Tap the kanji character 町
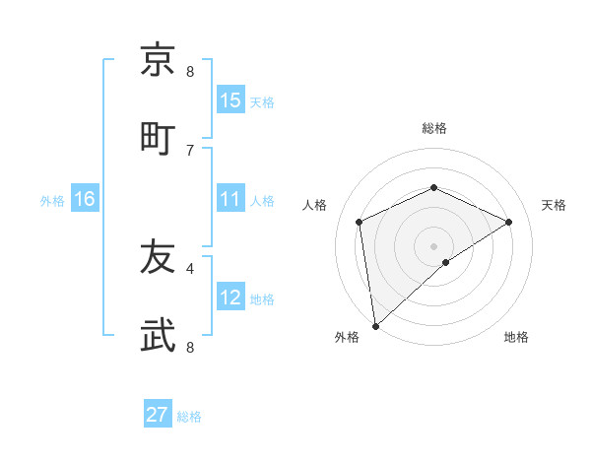click(159, 138)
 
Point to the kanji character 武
click(159, 336)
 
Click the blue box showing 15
click(230, 100)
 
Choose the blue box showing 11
click(230, 200)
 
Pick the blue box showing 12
click(230, 298)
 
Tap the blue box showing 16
click(85, 200)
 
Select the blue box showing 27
click(158, 415)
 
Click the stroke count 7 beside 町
click(190, 150)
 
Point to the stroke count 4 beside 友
click(190, 268)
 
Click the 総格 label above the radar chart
click(434, 128)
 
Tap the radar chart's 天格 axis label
click(554, 205)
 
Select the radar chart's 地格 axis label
click(516, 337)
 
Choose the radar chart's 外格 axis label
click(347, 337)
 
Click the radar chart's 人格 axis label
click(315, 205)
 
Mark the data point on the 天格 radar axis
click(508, 222)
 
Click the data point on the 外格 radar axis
click(375, 325)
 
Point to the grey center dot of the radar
click(433, 245)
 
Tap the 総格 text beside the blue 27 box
click(189, 417)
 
